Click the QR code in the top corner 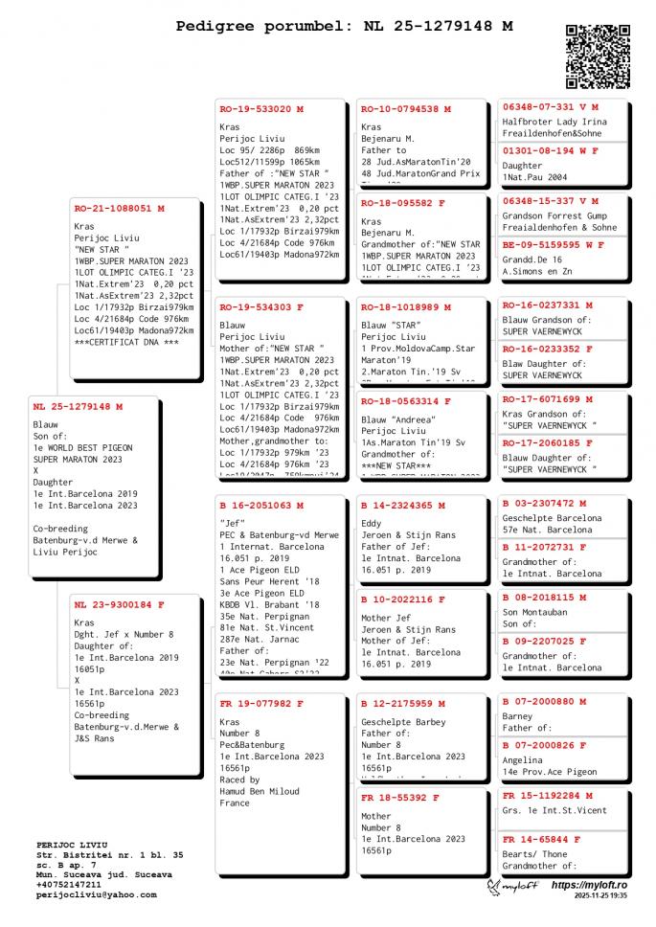pyautogui.click(x=598, y=57)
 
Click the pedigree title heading pyautogui.click(x=344, y=26)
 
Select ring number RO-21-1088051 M pyautogui.click(x=119, y=208)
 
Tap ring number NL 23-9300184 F pyautogui.click(x=119, y=604)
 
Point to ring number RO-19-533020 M pyautogui.click(x=261, y=109)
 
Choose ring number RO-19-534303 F pyautogui.click(x=261, y=307)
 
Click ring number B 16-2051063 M pyautogui.click(x=261, y=505)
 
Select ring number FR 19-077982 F pyautogui.click(x=261, y=703)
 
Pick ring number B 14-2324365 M pyautogui.click(x=403, y=505)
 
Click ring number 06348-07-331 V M pyautogui.click(x=550, y=107)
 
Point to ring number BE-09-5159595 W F pyautogui.click(x=554, y=245)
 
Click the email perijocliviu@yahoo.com pyautogui.click(x=96, y=894)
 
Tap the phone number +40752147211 pyautogui.click(x=68, y=885)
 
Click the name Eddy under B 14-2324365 pyautogui.click(x=372, y=524)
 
